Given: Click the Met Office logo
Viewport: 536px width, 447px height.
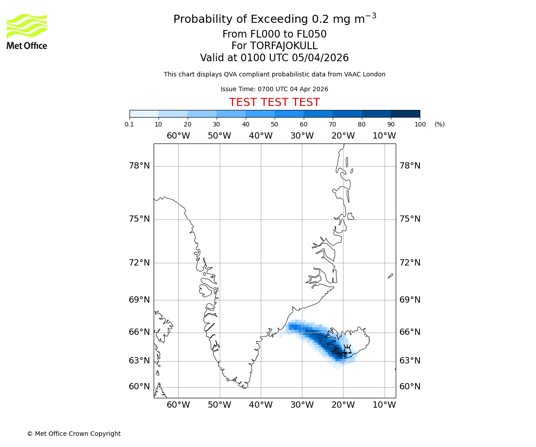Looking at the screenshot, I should pyautogui.click(x=27, y=31).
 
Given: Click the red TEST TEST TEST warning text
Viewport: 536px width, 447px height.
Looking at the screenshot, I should pyautogui.click(x=274, y=102).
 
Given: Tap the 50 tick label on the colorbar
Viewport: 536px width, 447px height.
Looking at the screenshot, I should pyautogui.click(x=275, y=124).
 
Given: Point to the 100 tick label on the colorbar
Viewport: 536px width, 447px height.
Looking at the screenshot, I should pyautogui.click(x=420, y=124).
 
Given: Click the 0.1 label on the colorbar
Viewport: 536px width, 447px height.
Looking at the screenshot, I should pyautogui.click(x=130, y=124).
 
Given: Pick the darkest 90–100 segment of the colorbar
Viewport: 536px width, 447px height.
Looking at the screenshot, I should pyautogui.click(x=405, y=114).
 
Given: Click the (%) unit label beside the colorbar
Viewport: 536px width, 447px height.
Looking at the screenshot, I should pyautogui.click(x=440, y=124).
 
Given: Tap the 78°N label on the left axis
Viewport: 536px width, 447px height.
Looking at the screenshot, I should pyautogui.click(x=139, y=166).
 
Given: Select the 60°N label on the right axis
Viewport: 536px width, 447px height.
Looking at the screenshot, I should pyautogui.click(x=410, y=387).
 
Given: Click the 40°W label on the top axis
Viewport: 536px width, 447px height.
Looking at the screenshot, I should pyautogui.click(x=261, y=136).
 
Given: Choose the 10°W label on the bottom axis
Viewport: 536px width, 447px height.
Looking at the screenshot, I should pyautogui.click(x=384, y=405).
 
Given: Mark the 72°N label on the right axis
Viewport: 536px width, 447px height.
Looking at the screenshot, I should pyautogui.click(x=410, y=262).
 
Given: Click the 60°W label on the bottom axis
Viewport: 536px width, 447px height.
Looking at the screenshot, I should pyautogui.click(x=178, y=405).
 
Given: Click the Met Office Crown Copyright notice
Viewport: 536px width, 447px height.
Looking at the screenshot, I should pyautogui.click(x=74, y=434).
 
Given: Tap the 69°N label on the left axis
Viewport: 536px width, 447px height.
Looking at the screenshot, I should pyautogui.click(x=139, y=299).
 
